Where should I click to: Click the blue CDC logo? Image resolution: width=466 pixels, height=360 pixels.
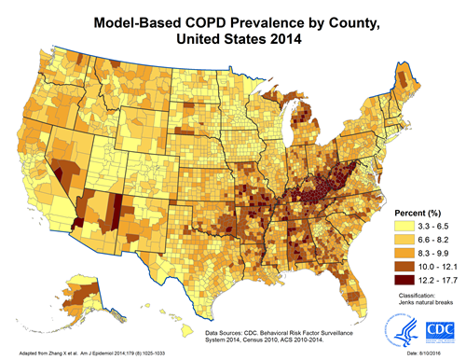click(437, 330)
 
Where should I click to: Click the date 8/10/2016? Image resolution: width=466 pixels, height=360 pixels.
click(438, 353)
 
